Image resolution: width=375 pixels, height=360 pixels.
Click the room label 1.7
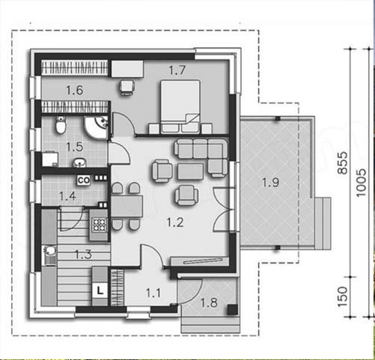[177, 70]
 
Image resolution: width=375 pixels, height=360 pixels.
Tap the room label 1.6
[75, 90]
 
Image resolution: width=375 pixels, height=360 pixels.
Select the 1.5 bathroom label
[75, 147]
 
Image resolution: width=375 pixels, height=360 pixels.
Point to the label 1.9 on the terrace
[271, 183]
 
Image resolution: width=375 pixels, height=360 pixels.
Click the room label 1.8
[209, 302]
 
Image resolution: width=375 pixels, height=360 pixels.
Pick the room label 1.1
[153, 293]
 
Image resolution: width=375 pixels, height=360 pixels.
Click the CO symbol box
[84, 180]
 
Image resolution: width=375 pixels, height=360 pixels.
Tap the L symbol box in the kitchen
[100, 290]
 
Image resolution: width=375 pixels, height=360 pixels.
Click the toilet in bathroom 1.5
[61, 125]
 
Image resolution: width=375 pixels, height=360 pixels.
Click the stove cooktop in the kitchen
[100, 225]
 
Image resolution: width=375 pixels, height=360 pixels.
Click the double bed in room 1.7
[180, 106]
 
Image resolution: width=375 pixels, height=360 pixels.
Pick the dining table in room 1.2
[126, 207]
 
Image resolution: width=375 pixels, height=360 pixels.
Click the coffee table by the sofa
[190, 171]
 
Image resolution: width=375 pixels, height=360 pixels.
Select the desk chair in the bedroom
[127, 87]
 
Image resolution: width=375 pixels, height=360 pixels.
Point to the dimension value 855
[343, 162]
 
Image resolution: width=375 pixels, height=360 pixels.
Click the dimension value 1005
[361, 183]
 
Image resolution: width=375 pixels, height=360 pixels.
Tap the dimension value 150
[343, 297]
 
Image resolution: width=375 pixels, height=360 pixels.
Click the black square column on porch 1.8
[232, 310]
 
